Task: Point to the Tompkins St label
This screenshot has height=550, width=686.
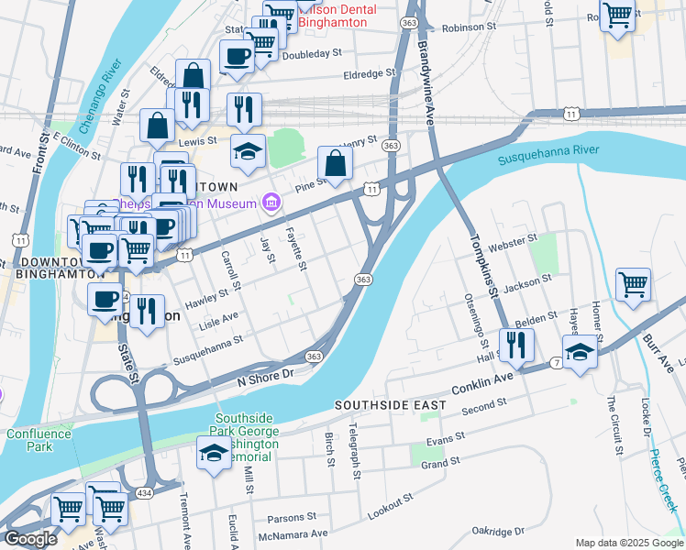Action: pyautogui.click(x=482, y=265)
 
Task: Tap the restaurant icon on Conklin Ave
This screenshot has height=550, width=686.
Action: pyautogui.click(x=516, y=345)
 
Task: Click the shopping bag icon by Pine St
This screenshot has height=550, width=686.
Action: pyautogui.click(x=336, y=165)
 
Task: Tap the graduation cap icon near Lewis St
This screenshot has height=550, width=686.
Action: pyautogui.click(x=248, y=151)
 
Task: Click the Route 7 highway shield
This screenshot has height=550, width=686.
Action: pyautogui.click(x=557, y=364)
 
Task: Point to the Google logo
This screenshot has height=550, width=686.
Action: pyautogui.click(x=30, y=539)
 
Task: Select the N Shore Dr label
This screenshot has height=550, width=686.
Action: pyautogui.click(x=264, y=375)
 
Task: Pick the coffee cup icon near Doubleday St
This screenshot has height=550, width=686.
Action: pyautogui.click(x=237, y=57)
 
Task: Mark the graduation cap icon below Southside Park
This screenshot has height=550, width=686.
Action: pyautogui.click(x=214, y=453)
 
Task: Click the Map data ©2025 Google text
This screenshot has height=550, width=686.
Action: pyautogui.click(x=629, y=543)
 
